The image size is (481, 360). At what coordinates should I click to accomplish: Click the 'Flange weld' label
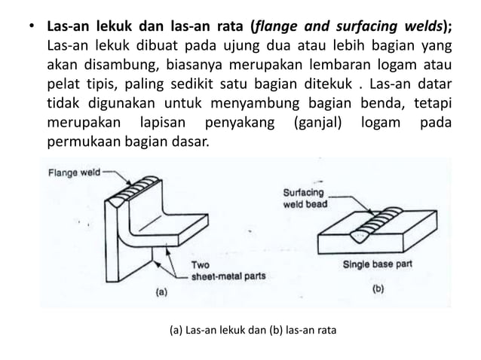72,172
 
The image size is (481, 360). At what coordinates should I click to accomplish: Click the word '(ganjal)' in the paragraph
315,122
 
